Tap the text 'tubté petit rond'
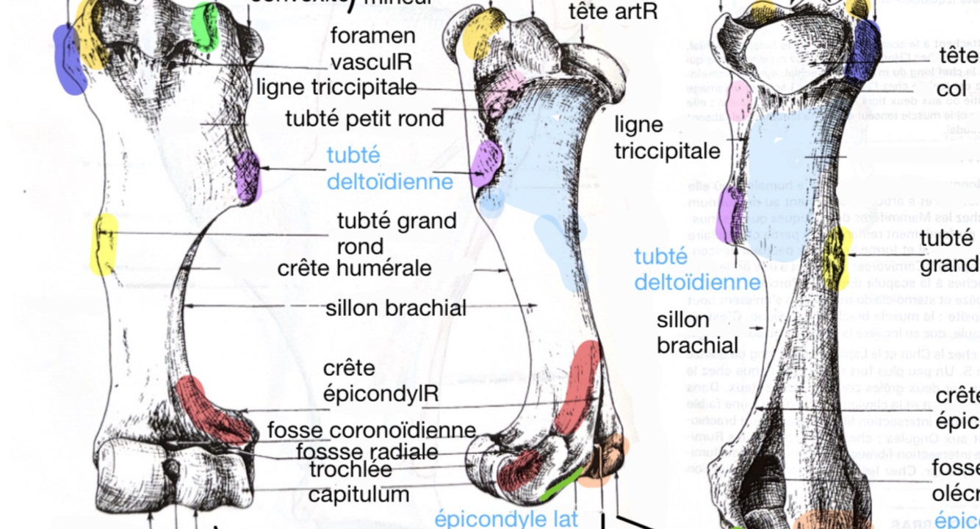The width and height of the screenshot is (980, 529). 365,118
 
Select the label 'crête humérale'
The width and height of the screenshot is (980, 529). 354,268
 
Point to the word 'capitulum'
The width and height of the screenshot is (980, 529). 359,494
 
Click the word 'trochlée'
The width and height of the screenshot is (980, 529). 350,469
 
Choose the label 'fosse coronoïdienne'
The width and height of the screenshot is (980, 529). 372,430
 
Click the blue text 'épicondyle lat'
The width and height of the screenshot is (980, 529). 506,519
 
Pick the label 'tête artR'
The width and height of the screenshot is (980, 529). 613,11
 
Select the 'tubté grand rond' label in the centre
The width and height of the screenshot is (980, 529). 397,232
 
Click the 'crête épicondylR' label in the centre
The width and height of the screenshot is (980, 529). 381,381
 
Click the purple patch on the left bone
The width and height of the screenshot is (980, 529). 247,176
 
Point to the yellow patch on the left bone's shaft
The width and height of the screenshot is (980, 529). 104,245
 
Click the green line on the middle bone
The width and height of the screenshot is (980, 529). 561,486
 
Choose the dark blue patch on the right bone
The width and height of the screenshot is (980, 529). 862,48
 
